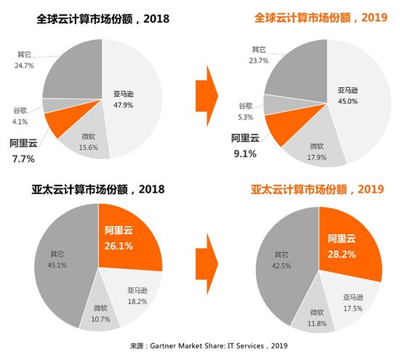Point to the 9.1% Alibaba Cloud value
coord(244,153)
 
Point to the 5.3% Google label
coord(245,112)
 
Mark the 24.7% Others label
coord(25,65)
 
